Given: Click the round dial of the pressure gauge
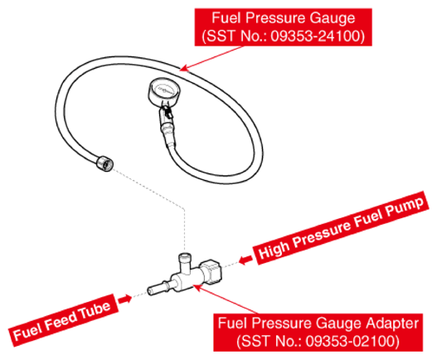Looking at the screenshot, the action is (164, 91).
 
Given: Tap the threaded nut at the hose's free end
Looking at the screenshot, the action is (105, 163).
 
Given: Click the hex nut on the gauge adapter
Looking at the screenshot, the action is (211, 271).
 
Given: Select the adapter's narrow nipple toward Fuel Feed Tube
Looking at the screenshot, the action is (158, 288).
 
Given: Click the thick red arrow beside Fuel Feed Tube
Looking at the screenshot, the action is (124, 299).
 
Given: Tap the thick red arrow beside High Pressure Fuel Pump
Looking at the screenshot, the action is (245, 260).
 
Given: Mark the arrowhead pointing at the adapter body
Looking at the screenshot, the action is (197, 287).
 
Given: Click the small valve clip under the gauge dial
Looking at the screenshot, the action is (168, 112).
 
